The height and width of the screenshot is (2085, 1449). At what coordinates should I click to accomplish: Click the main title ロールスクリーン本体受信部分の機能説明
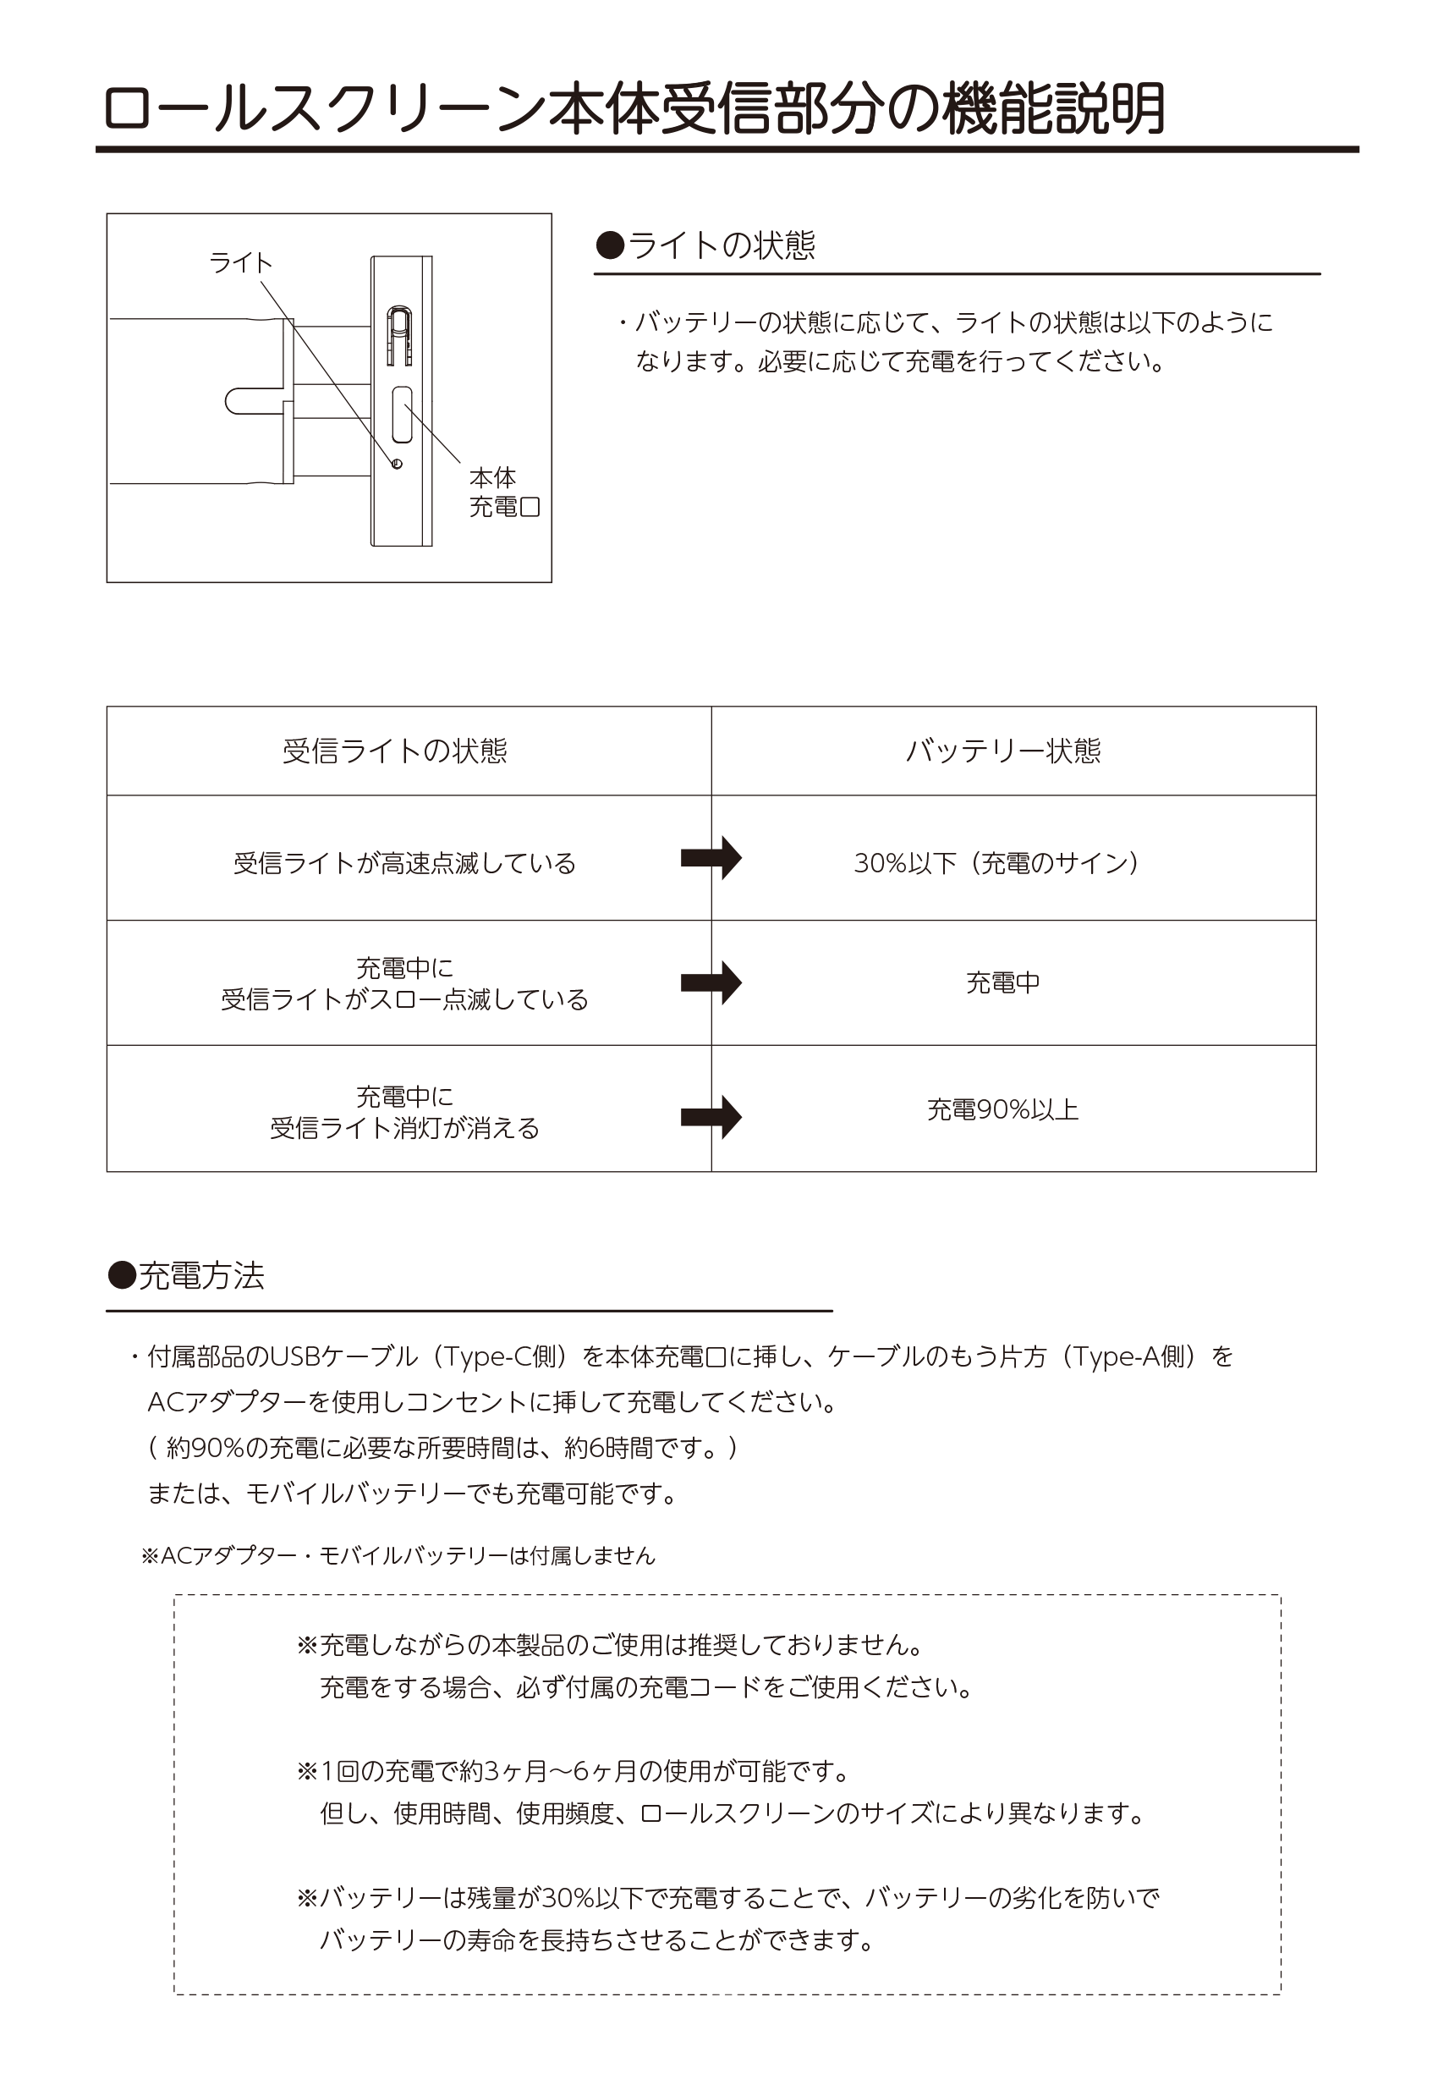click(634, 109)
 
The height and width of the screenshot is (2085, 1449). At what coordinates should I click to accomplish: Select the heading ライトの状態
click(705, 245)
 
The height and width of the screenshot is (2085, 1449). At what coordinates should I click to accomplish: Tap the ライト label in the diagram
click(240, 262)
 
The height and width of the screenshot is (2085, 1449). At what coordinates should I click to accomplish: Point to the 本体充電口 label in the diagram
click(504, 492)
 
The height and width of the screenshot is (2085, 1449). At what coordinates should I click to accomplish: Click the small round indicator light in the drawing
click(397, 464)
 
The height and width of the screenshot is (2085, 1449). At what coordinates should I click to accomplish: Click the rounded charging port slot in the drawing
click(401, 414)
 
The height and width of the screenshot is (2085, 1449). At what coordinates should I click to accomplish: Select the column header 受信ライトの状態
click(395, 751)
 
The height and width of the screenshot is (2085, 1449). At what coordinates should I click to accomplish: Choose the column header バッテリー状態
click(1003, 751)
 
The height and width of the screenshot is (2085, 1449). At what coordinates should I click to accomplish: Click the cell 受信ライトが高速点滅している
click(405, 863)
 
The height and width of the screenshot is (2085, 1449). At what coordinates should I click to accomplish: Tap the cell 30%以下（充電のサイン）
click(996, 863)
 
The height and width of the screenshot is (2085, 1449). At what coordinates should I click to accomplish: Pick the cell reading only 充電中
click(1003, 982)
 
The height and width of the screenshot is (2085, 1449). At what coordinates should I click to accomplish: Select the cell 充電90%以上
click(1003, 1109)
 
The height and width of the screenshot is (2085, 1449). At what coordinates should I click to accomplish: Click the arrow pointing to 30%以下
click(711, 858)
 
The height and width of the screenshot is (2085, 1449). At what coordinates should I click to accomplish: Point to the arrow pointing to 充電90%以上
click(711, 1116)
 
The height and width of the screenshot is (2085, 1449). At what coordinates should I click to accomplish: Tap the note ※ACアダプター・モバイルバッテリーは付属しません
click(398, 1555)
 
